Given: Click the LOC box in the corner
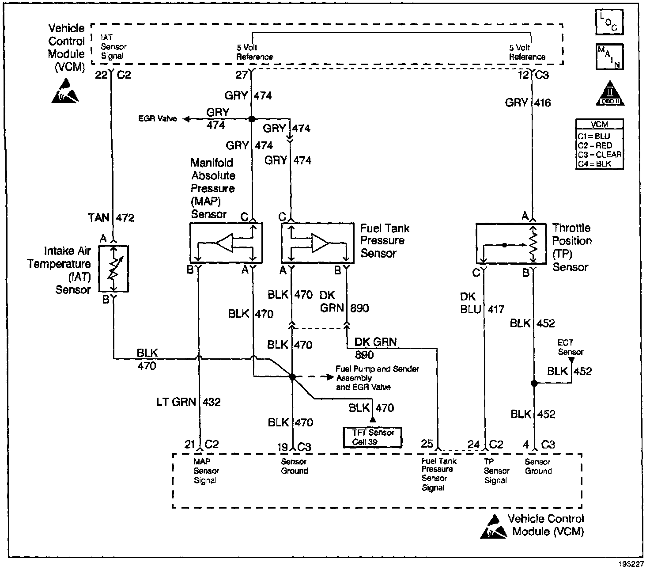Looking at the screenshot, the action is point(609,22).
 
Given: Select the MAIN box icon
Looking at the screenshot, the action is point(609,57).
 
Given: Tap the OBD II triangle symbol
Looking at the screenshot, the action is point(610,93).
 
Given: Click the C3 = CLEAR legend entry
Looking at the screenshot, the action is point(599,155).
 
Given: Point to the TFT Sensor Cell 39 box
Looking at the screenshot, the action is point(372,437).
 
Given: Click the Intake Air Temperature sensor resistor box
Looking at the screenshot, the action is point(113,269).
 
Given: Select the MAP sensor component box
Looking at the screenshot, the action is point(226,243).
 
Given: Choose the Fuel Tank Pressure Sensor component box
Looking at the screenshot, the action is point(317,243).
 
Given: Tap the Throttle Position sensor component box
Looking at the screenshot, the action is point(511,244).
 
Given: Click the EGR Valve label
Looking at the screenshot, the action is point(158,118).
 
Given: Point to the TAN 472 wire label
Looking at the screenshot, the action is point(111,218).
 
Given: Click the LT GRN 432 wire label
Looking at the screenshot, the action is point(188,402).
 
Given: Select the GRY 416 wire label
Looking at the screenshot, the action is point(528,103).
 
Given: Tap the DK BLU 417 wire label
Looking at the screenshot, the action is point(482,303).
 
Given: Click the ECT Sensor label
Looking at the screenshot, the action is point(571,347).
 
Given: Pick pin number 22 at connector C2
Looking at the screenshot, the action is point(102,75).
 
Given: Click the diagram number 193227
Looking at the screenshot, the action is point(631,564).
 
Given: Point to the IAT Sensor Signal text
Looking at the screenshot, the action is point(113,47).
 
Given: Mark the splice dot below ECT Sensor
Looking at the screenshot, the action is point(534,383).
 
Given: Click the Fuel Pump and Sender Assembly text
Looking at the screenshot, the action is point(377,373).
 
